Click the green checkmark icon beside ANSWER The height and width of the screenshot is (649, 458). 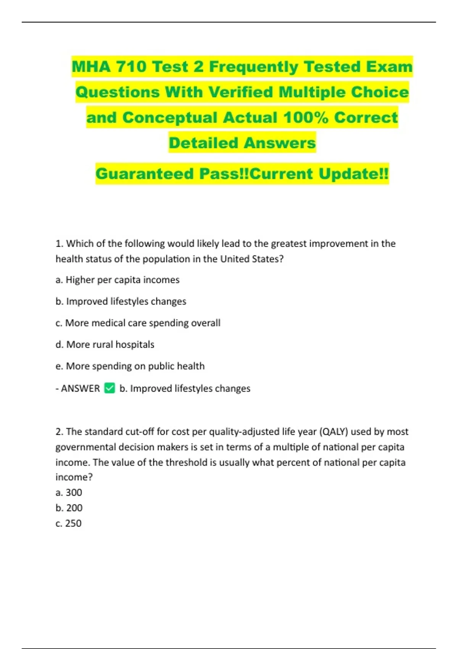(x=110, y=388)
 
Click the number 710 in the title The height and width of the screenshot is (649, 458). (x=131, y=67)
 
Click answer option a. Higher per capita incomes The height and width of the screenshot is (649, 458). (x=118, y=280)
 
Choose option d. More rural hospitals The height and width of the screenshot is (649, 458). (x=105, y=344)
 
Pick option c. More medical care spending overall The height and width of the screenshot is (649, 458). (x=138, y=323)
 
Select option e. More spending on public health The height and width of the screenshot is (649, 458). (x=130, y=366)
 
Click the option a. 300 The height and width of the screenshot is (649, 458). (x=69, y=492)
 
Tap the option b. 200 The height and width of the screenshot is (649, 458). (x=69, y=508)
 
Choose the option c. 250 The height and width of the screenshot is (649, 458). (x=69, y=523)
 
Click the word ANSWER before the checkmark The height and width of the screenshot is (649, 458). (x=80, y=389)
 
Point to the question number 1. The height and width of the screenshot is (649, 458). (x=59, y=244)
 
